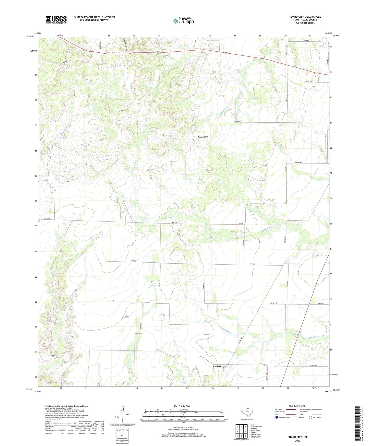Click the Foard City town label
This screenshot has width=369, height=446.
(x=219, y=366)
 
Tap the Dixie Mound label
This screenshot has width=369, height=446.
(x=203, y=137)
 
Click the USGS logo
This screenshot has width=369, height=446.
(x=56, y=20)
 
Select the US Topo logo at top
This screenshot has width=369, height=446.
(x=183, y=21)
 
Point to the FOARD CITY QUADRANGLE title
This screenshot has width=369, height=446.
(x=305, y=17)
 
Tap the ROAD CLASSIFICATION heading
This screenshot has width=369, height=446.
(x=297, y=406)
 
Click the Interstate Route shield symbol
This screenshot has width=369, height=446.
(x=277, y=417)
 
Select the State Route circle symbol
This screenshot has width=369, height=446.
(x=311, y=417)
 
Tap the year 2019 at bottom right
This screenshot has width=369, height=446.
(x=297, y=441)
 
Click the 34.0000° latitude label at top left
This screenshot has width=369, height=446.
(x=30, y=36)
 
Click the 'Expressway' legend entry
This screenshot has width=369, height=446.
(x=279, y=409)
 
